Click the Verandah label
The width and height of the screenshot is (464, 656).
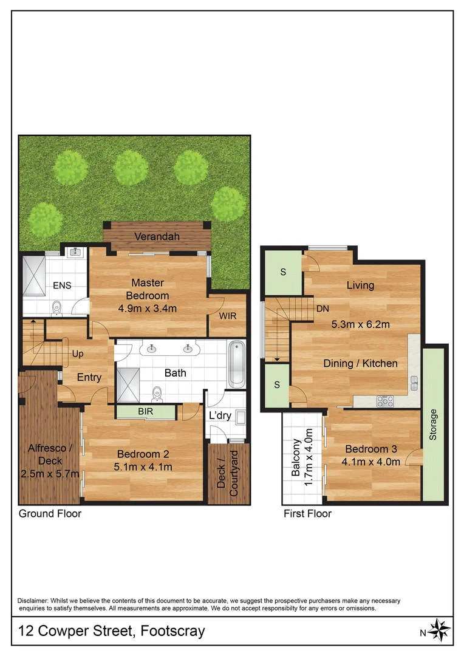tap(157, 236)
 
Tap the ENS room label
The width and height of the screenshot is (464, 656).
tap(62, 285)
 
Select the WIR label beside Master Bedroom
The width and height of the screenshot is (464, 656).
tap(228, 316)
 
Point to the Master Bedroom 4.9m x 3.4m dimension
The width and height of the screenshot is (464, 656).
tap(147, 308)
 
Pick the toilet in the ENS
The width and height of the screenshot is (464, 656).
tap(57, 308)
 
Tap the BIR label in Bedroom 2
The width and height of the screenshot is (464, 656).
tap(146, 412)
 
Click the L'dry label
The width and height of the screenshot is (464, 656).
tap(220, 415)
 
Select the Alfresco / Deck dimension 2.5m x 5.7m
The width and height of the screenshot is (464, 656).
tap(50, 473)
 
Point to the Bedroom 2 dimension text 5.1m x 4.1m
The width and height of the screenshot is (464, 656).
tap(143, 467)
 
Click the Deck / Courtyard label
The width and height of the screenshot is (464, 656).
tap(228, 474)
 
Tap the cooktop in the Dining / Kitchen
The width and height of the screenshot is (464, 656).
tap(386, 401)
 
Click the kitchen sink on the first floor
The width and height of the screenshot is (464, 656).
tap(414, 383)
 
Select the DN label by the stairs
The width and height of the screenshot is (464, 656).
tap(322, 308)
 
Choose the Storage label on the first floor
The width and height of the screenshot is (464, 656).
tap(433, 425)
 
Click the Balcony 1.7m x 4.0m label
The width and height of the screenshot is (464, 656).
tap(302, 457)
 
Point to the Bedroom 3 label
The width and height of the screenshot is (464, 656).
tap(370, 449)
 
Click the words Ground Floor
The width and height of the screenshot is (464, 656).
tap(50, 513)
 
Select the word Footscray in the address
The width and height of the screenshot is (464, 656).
tap(172, 630)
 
